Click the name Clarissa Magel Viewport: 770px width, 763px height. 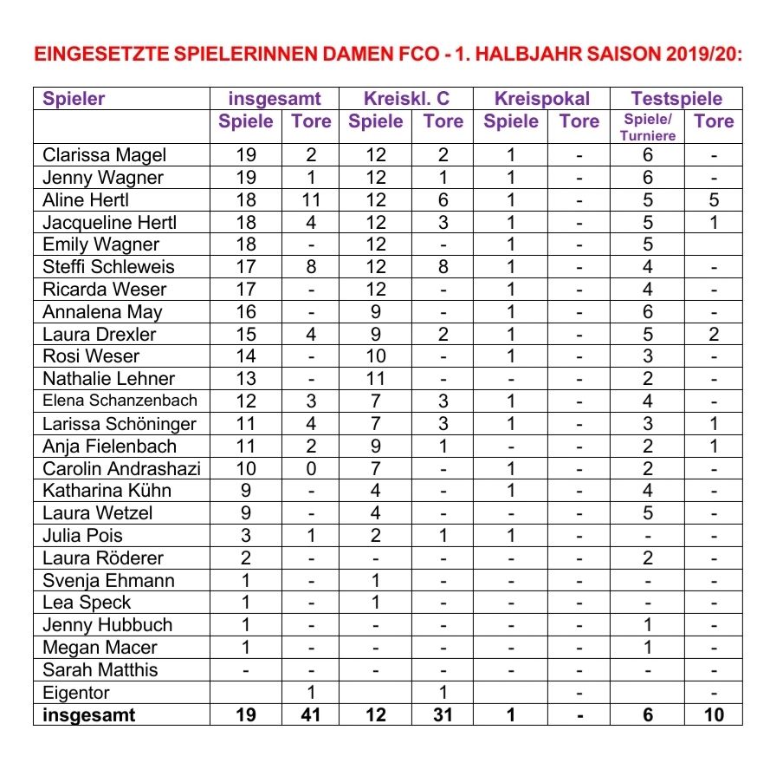pyautogui.click(x=104, y=155)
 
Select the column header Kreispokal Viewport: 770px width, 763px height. pyautogui.click(x=542, y=99)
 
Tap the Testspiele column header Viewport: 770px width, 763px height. pyautogui.click(x=676, y=99)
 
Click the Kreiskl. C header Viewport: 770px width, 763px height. pyautogui.click(x=407, y=99)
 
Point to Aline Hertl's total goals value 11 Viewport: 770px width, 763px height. pyautogui.click(x=310, y=200)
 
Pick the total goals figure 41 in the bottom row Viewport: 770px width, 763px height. pyautogui.click(x=310, y=715)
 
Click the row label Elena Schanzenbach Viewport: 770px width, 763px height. pyautogui.click(x=120, y=401)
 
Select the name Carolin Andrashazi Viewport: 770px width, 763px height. pyautogui.click(x=121, y=468)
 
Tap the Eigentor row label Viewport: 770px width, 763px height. pyautogui.click(x=76, y=693)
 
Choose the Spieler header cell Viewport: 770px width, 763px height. pyautogui.click(x=74, y=99)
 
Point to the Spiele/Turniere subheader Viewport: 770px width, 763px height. pyautogui.click(x=648, y=127)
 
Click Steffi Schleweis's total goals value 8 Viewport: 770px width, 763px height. pyautogui.click(x=310, y=267)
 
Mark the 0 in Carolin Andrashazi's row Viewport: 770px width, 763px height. pyautogui.click(x=310, y=468)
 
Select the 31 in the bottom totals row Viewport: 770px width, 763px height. pyautogui.click(x=443, y=715)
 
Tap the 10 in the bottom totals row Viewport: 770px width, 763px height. pyautogui.click(x=714, y=715)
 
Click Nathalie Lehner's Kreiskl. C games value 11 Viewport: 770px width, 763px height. pyautogui.click(x=375, y=379)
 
